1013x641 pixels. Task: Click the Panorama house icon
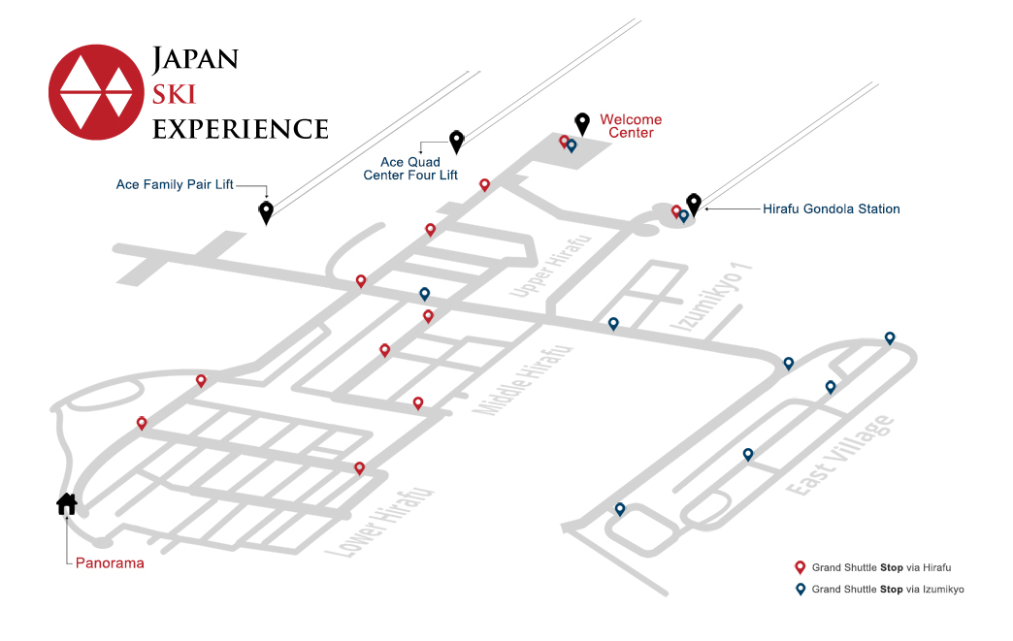67,504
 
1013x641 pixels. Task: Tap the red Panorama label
110,562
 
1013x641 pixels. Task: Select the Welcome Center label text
631,126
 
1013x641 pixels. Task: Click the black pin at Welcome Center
582,123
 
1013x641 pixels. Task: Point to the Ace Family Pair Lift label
175,184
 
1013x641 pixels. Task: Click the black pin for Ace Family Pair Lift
266,211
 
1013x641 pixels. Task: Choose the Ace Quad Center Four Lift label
410,169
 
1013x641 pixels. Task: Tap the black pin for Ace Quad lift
457,142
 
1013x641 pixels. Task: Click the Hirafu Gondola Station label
832,209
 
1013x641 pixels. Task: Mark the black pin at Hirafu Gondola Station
694,204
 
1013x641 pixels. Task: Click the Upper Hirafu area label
550,266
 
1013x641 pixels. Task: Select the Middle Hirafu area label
523,380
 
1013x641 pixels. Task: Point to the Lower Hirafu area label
378,523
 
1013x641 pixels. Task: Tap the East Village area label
840,456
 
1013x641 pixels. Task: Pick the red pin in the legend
800,567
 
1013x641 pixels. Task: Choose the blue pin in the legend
800,589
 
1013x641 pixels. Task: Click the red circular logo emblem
96,92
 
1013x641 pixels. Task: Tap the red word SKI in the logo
174,94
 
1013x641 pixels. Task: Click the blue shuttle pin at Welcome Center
572,145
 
